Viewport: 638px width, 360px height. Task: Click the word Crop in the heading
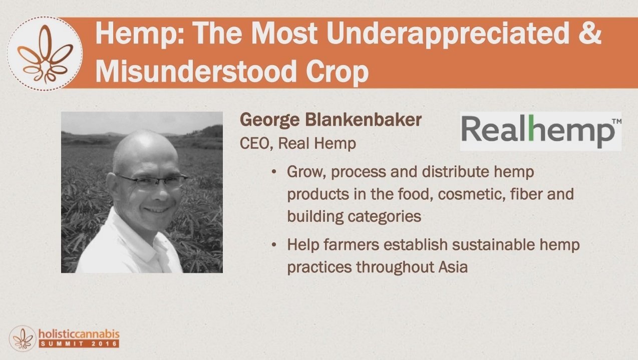[338, 73]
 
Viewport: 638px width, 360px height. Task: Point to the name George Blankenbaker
[331, 120]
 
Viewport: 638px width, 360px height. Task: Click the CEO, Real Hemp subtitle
[298, 143]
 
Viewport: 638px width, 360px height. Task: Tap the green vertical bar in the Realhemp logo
[531, 128]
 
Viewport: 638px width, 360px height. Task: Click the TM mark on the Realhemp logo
[616, 122]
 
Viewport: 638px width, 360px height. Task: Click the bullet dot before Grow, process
[274, 172]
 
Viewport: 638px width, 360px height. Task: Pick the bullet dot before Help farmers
[274, 245]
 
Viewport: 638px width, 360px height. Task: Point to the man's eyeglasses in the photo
[150, 180]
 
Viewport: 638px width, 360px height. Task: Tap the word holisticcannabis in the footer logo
[79, 334]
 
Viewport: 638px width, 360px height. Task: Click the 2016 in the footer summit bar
[105, 344]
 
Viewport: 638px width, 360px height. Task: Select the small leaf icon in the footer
[23, 338]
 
